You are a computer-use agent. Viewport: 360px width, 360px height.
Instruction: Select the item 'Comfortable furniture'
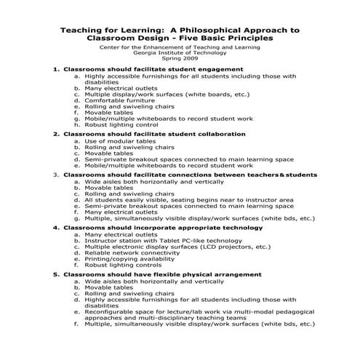(x=119, y=101)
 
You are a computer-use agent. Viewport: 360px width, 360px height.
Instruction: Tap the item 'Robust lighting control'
(x=121, y=124)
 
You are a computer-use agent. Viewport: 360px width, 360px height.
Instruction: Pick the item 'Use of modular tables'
(x=119, y=141)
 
